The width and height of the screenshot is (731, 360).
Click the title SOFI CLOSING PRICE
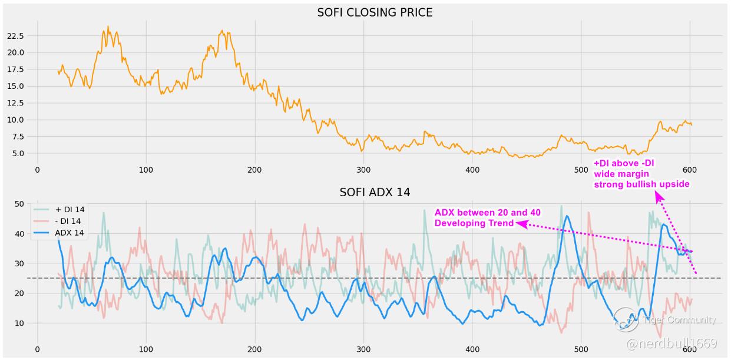pyautogui.click(x=375, y=12)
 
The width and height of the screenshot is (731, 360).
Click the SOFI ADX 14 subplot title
pyautogui.click(x=375, y=193)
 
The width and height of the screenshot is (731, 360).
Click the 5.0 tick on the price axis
pyautogui.click(x=16, y=153)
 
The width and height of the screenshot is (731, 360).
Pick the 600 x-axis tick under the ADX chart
pyautogui.click(x=690, y=349)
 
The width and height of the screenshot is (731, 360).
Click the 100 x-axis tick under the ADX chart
pyautogui.click(x=146, y=349)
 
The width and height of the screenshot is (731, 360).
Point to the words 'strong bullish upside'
pyautogui.click(x=641, y=184)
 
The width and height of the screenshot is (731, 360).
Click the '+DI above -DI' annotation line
pyautogui.click(x=624, y=163)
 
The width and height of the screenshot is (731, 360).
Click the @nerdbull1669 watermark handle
pyautogui.click(x=672, y=344)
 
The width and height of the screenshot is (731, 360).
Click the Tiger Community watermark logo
pyautogui.click(x=626, y=320)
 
